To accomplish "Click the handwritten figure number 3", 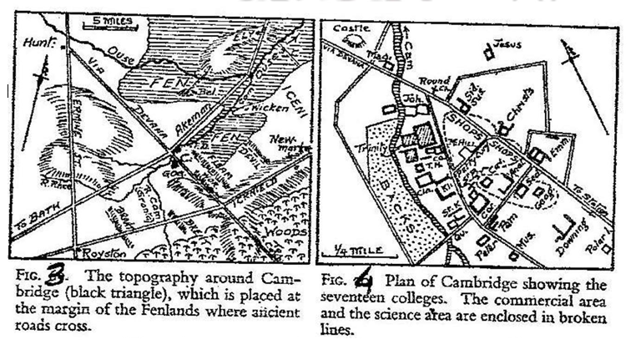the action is click(x=58, y=271).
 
